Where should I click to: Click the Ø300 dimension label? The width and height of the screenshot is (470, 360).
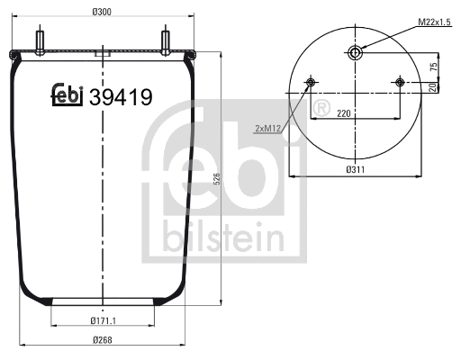point(102,12)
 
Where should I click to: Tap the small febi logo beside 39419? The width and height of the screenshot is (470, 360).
point(66,94)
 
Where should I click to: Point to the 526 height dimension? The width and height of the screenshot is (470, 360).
point(216,180)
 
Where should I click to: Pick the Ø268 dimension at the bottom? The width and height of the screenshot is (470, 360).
point(103,339)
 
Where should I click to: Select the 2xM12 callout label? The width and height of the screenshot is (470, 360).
point(269,128)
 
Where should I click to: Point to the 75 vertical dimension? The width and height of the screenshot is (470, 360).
point(433,67)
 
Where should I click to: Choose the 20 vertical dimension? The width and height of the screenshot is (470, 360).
point(433,87)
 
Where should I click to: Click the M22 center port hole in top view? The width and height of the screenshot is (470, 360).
point(356,53)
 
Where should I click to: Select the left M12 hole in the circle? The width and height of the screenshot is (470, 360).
point(312,84)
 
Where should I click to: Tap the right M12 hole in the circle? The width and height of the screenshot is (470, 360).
point(400,84)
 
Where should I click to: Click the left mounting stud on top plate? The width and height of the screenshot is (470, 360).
point(41,42)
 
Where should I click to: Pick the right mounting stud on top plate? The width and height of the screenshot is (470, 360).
point(166,42)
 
